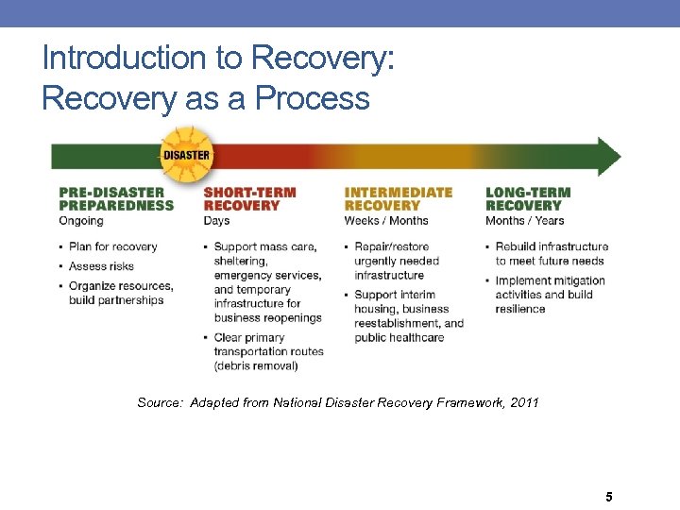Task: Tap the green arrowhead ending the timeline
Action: (x=610, y=157)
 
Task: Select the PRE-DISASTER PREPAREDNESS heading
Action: (x=116, y=198)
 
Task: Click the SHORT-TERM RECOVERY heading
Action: (x=249, y=198)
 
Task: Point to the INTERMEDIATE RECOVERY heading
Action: (x=398, y=198)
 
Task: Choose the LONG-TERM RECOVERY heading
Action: (x=527, y=198)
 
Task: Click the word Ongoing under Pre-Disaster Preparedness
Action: (x=81, y=221)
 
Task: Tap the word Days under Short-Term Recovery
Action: (x=216, y=221)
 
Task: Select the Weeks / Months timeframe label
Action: (x=386, y=221)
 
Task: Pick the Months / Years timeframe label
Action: (x=524, y=221)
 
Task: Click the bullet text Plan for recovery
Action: (x=112, y=246)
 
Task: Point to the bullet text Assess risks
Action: (x=101, y=266)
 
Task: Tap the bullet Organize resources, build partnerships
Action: (x=120, y=293)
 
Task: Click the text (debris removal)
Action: (x=255, y=365)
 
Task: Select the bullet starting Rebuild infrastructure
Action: (x=551, y=253)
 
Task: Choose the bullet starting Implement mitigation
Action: (x=550, y=295)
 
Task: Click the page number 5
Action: (x=609, y=497)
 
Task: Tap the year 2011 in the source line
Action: (x=523, y=403)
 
